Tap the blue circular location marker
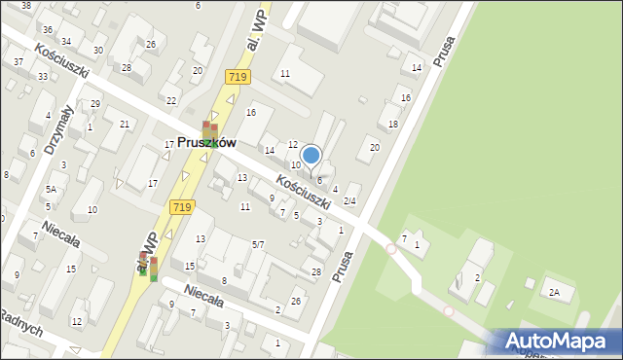tap(311, 155)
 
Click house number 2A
tap(555, 292)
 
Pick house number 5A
tap(50, 189)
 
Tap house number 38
tap(25, 6)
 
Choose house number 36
tap(48, 30)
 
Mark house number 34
tap(65, 42)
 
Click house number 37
tap(18, 61)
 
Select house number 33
tap(43, 76)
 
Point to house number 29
tap(94, 103)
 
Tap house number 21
tap(124, 124)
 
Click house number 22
tap(171, 101)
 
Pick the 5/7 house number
tap(258, 244)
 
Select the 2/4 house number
tap(349, 201)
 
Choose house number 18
tap(393, 125)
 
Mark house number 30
tap(98, 50)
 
